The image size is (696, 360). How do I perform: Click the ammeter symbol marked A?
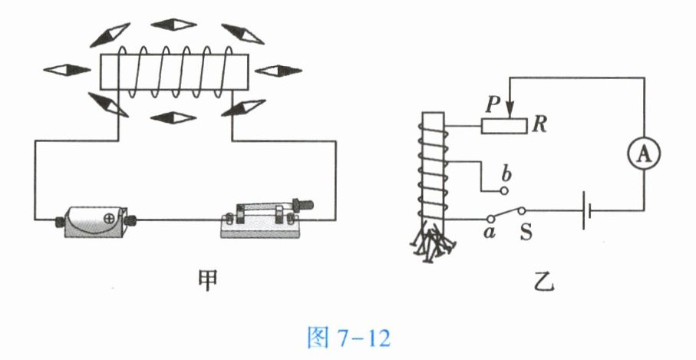coord(644,154)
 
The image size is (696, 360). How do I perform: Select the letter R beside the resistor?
coord(539,125)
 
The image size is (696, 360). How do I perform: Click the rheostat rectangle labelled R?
coord(504,126)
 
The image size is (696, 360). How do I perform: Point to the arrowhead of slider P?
coord(510,112)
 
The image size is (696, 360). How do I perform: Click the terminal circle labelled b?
coord(503,191)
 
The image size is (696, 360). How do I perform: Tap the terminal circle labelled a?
coord(490,219)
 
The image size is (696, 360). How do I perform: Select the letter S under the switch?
coord(526,232)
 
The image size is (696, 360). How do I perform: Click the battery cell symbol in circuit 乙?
coord(586,210)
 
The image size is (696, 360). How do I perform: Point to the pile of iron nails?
coord(432,242)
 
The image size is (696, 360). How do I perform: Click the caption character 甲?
coord(207,280)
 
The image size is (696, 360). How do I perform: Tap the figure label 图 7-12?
coord(349,338)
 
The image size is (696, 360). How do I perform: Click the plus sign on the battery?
coord(108,219)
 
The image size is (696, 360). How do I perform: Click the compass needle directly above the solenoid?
coord(173,25)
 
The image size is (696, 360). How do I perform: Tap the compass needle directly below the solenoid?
coord(173,117)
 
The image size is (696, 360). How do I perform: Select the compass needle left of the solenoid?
coord(67,70)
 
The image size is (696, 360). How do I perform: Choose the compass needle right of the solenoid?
coord(279,70)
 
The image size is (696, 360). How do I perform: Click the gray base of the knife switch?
coord(259,230)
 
